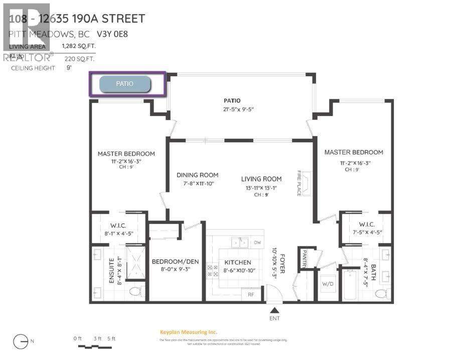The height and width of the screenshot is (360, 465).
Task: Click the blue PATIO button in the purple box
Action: click(125, 84)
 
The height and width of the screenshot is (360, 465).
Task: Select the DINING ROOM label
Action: click(197, 175)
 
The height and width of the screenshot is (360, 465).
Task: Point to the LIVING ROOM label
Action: click(261, 179)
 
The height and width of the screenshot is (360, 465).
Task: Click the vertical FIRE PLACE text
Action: click(299, 183)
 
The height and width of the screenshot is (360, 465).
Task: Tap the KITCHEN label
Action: click(237, 263)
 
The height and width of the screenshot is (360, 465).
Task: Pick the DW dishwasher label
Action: click(257, 243)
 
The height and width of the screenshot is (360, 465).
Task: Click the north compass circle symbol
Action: click(21, 341)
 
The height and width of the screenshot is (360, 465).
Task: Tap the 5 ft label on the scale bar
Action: click(110, 338)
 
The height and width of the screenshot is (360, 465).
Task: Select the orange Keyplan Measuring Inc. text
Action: click(188, 332)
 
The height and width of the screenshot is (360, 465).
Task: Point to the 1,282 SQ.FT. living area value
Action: click(78, 46)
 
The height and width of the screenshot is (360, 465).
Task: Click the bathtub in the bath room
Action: click(349, 285)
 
